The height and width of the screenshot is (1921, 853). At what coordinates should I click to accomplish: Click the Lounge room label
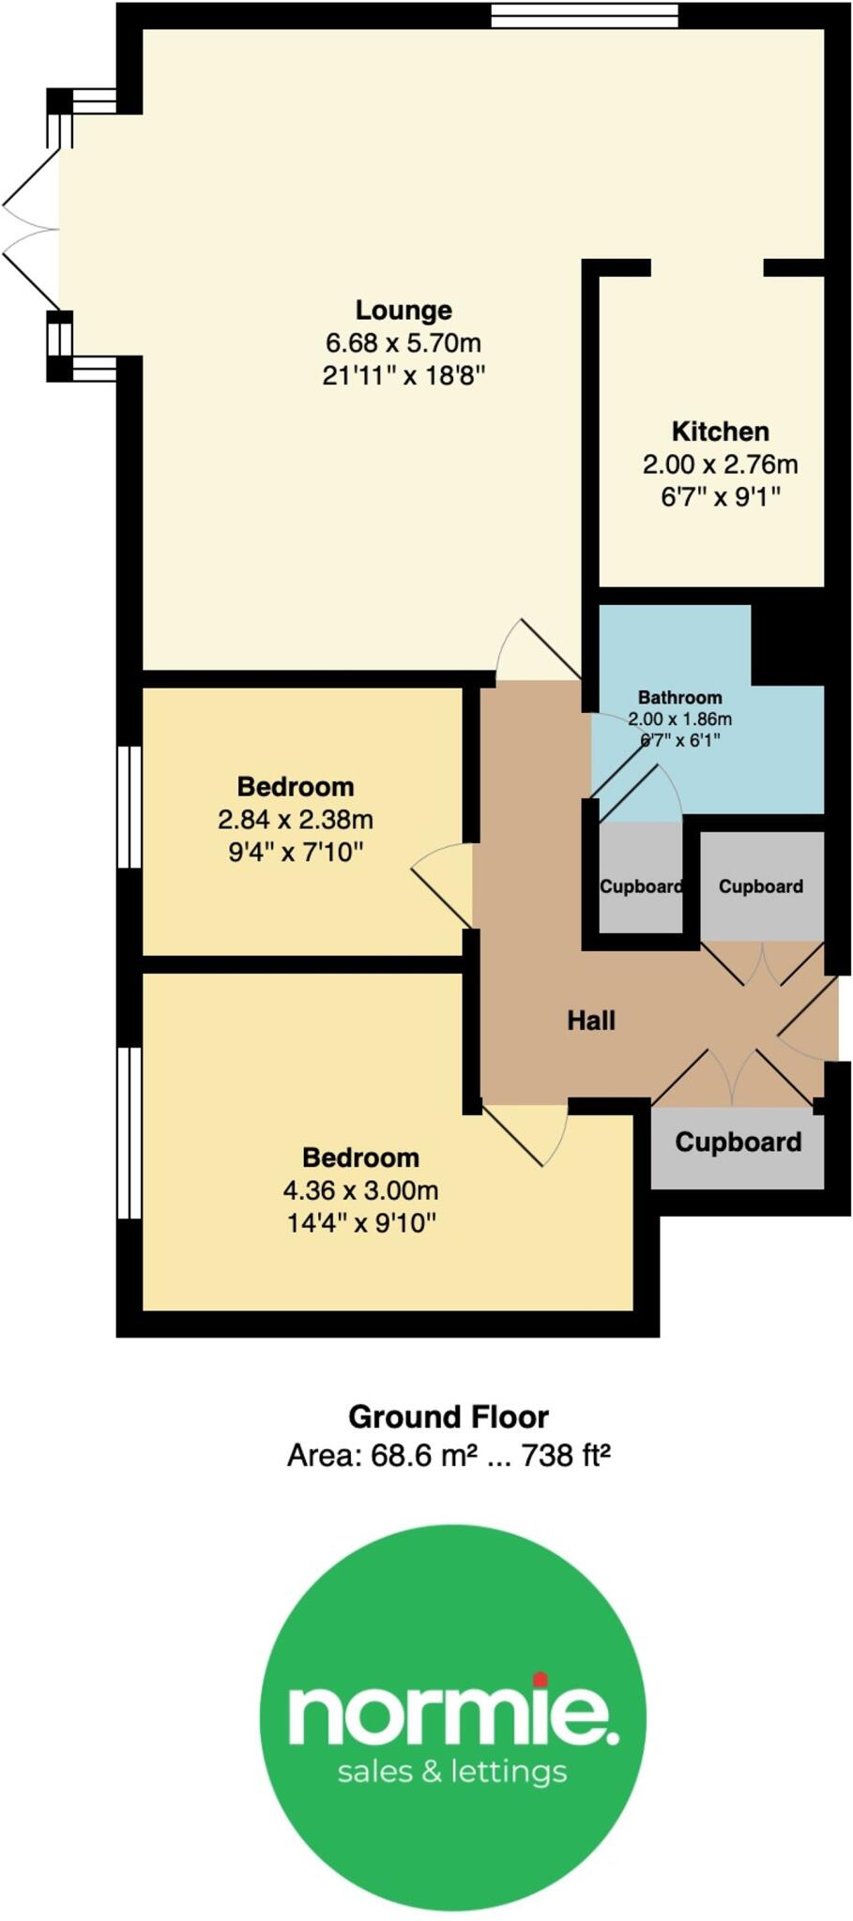click(404, 310)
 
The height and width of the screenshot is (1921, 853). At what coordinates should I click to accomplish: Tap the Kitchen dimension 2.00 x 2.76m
click(720, 464)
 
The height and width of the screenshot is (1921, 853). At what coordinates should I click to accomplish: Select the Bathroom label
click(679, 697)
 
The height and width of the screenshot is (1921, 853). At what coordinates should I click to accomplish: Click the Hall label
click(591, 1021)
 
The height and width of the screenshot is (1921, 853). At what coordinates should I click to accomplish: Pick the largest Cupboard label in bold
click(738, 1142)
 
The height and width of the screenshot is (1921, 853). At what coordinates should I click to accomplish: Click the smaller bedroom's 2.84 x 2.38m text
click(296, 820)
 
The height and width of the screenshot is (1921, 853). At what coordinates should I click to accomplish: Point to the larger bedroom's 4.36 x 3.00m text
click(360, 1190)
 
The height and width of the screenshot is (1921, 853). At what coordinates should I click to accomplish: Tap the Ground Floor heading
click(448, 1416)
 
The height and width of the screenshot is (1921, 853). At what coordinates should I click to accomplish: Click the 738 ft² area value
click(566, 1455)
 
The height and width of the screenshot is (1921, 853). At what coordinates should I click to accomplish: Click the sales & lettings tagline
click(451, 1772)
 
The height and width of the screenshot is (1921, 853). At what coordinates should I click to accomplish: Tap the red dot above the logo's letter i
click(540, 1678)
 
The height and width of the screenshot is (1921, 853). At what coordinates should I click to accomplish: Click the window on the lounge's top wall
click(584, 16)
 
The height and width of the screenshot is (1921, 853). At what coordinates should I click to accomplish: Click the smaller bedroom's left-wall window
click(129, 807)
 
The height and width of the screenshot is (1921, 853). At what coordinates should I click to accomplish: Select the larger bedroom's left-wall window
click(129, 1132)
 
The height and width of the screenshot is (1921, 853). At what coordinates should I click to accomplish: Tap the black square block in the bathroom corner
click(787, 643)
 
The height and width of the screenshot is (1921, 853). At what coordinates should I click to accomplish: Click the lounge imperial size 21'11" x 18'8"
click(404, 376)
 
